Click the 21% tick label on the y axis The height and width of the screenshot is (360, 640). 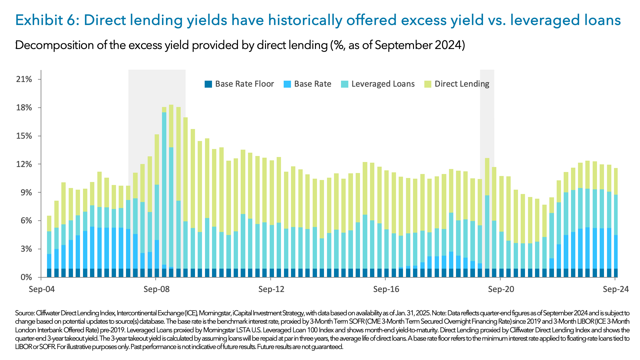pos(24,79)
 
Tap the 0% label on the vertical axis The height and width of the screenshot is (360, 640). pos(26,277)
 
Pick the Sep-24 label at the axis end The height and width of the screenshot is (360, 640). pos(615,289)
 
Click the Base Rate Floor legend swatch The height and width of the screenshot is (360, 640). pos(208,84)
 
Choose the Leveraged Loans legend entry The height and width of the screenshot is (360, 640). pos(383,84)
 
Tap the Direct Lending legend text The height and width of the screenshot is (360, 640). pos(462,84)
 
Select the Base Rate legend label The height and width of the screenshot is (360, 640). pos(312,84)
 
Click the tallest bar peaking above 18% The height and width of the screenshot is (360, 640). pos(171,190)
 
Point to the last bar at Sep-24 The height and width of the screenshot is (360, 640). pos(616,223)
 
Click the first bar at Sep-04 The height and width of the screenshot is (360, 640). pos(49,247)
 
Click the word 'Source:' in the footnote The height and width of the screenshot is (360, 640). pos(25,313)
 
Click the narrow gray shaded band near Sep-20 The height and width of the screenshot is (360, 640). pos(487,117)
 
